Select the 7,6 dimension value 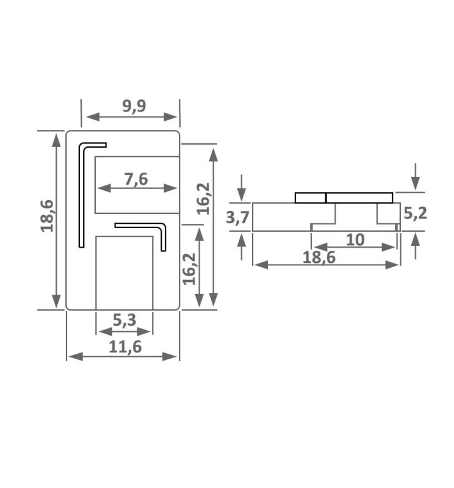point(137,179)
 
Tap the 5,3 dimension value point(124,320)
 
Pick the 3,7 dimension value point(237,217)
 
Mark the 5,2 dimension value point(415,213)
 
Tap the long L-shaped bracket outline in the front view point(82,195)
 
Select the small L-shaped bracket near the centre point(162,235)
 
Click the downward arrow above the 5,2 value point(415,176)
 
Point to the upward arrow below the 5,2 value point(415,246)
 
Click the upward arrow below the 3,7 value point(242,247)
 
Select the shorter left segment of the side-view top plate point(310,198)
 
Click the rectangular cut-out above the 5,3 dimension point(124,273)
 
